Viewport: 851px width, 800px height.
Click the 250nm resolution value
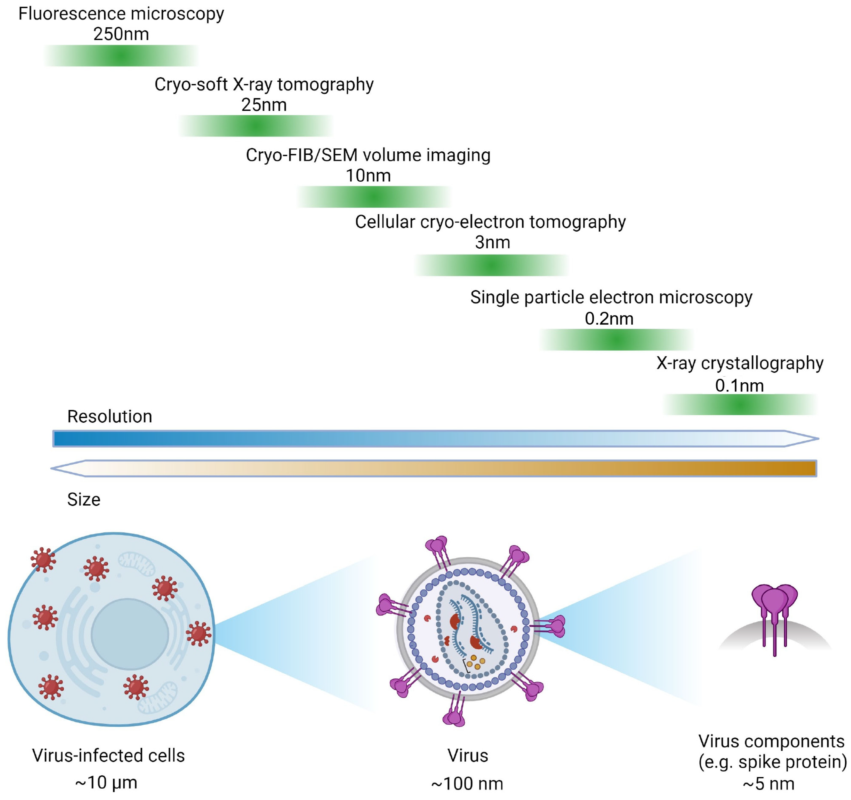121,34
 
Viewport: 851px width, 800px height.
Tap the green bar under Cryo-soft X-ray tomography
256,126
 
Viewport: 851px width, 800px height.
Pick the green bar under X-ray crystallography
740,404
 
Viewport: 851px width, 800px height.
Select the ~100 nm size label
467,784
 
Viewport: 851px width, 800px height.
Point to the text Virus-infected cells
108,755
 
